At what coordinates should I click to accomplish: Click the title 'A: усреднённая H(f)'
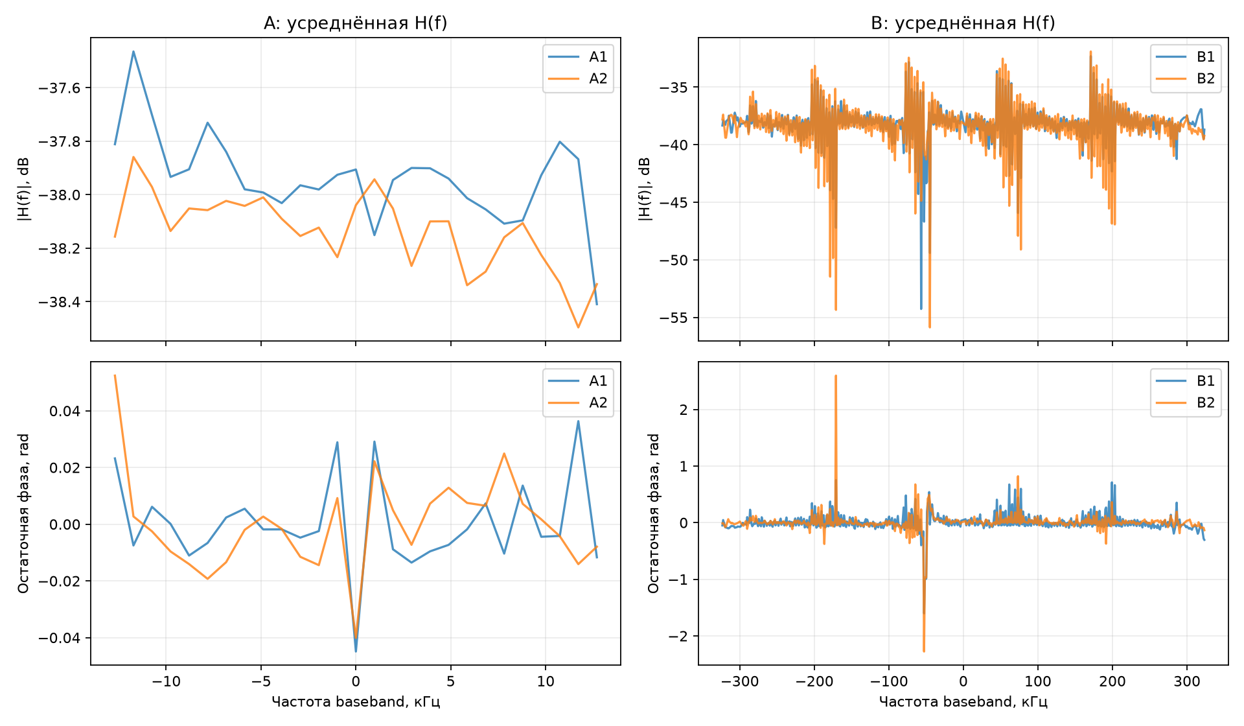355,23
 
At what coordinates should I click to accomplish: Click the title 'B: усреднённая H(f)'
963,23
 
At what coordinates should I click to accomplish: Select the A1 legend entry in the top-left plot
578,57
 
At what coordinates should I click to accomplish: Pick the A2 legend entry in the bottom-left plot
578,403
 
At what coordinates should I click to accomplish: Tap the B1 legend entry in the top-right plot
1186,57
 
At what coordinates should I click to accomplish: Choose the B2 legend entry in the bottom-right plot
1186,403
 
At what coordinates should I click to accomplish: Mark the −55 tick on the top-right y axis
674,318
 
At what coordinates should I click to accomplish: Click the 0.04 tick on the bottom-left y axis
65,411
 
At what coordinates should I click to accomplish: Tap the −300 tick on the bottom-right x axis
740,681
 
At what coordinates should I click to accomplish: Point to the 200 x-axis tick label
1112,681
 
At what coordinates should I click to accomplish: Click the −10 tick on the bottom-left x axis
166,681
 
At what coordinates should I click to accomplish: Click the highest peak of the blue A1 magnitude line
133,51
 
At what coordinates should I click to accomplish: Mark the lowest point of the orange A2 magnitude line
578,327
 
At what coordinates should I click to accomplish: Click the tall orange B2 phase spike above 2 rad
836,375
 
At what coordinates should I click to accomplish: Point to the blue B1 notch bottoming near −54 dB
921,309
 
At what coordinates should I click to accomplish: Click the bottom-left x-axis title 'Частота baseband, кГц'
356,702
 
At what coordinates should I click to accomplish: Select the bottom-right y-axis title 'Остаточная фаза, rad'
654,513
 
